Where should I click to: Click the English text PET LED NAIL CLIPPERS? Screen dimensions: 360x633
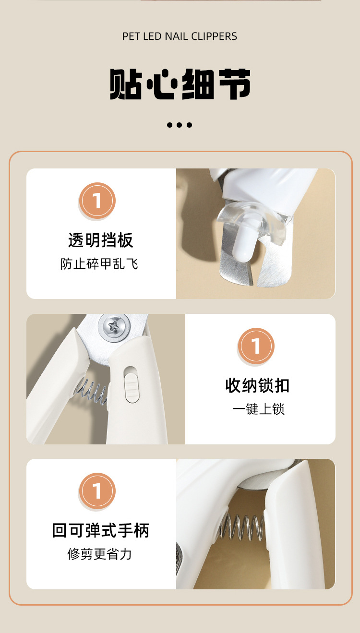pyautogui.click(x=180, y=36)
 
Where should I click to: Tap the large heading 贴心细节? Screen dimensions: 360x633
pyautogui.click(x=180, y=84)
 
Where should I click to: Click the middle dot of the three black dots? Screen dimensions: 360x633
pyautogui.click(x=180, y=125)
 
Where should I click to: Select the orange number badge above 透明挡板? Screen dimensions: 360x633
pyautogui.click(x=97, y=201)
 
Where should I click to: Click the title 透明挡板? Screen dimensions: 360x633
pyautogui.click(x=100, y=240)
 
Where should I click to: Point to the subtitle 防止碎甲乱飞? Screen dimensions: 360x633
pyautogui.click(x=99, y=264)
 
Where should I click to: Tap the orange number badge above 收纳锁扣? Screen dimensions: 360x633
pyautogui.click(x=256, y=346)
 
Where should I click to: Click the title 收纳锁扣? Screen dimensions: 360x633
pyautogui.click(x=257, y=385)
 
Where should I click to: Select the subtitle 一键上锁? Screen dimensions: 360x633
pyautogui.click(x=259, y=409)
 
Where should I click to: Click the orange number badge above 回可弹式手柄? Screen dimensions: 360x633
pyautogui.click(x=97, y=491)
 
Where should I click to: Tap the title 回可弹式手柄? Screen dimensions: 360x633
pyautogui.click(x=101, y=530)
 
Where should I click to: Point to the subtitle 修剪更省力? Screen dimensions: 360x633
pyautogui.click(x=99, y=554)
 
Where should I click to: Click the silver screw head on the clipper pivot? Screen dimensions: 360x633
pyautogui.click(x=114, y=327)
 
